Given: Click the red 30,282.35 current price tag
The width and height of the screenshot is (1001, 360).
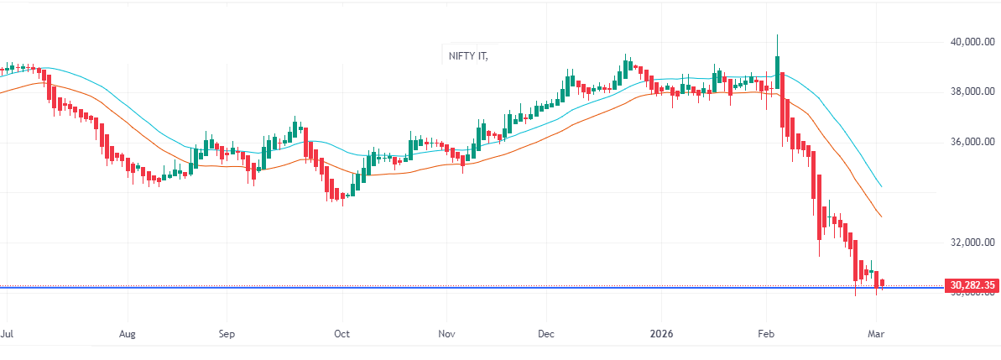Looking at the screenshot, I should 972,286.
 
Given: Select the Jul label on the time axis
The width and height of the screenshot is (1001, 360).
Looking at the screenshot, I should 7,332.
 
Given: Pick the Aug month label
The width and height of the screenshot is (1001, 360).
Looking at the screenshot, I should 127,332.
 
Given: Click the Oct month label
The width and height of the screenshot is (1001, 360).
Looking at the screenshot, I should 341,332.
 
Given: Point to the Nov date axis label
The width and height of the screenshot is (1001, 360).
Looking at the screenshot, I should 446,332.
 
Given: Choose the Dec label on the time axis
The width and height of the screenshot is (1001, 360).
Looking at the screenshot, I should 545,332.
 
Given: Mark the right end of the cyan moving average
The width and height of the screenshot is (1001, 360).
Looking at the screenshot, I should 881,186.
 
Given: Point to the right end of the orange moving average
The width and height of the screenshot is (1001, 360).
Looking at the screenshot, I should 881,217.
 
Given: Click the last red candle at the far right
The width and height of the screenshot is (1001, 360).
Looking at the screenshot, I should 882,284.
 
